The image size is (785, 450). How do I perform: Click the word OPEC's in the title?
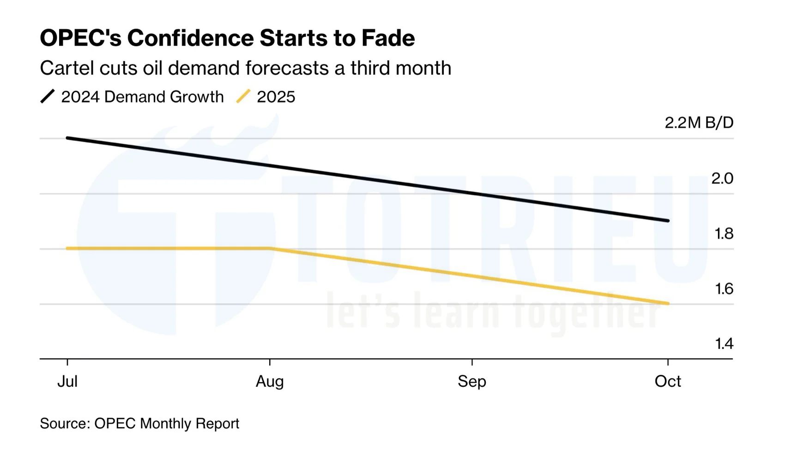click(80, 38)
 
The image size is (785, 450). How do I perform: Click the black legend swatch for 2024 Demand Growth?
click(48, 96)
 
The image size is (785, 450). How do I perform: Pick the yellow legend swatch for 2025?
click(243, 96)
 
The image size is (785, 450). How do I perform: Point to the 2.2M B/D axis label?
click(699, 123)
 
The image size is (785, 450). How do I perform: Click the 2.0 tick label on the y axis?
click(722, 178)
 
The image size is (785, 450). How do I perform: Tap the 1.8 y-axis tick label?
click(724, 234)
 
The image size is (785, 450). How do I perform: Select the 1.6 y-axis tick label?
click(724, 289)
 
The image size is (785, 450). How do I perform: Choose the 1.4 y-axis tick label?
click(724, 344)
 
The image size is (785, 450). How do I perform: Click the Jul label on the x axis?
click(67, 381)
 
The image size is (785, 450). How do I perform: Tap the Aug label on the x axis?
click(270, 381)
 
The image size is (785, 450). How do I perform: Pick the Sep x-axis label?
click(472, 381)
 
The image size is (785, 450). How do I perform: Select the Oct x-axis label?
click(668, 381)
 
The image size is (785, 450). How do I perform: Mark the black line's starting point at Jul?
click(67, 138)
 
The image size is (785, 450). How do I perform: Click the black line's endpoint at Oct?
click(668, 221)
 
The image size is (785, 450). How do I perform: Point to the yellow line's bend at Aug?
click(270, 248)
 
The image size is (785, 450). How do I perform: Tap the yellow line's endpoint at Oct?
click(668, 303)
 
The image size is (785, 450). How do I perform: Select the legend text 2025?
click(276, 97)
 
